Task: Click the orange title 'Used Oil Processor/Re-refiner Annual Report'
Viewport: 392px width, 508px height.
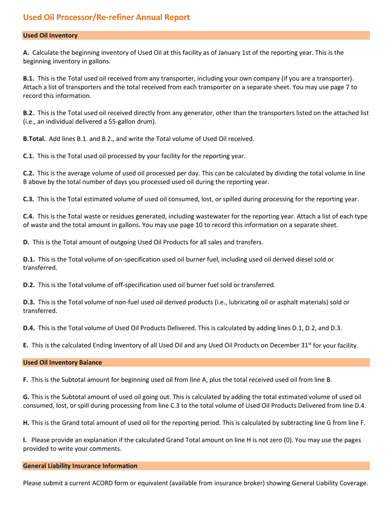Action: (x=106, y=17)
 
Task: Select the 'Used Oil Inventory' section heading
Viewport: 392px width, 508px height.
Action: (x=50, y=36)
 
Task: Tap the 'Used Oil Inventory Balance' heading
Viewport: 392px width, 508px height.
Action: (x=62, y=363)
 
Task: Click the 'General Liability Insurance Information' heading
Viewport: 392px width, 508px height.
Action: (x=80, y=466)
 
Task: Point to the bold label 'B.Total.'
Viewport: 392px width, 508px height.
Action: (x=34, y=139)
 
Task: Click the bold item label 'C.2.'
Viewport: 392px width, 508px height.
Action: (x=28, y=173)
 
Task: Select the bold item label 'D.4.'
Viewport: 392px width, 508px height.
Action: (x=29, y=328)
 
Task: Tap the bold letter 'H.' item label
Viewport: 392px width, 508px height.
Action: (x=26, y=423)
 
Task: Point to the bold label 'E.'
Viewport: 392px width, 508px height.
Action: (x=26, y=345)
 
